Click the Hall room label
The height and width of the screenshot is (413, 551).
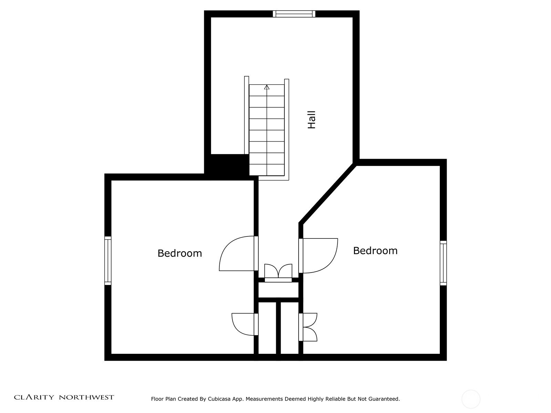[x=312, y=120]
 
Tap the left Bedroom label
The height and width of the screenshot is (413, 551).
[x=180, y=253]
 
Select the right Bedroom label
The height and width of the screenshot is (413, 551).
[x=375, y=251]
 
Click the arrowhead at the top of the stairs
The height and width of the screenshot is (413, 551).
[x=267, y=87]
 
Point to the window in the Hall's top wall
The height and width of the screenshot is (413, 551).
[x=294, y=14]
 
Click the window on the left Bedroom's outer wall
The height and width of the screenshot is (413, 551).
[x=108, y=261]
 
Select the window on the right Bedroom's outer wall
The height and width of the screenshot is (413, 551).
[x=443, y=263]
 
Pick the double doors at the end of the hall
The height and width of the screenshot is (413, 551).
[x=278, y=273]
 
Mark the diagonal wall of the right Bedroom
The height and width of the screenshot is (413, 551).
[x=328, y=193]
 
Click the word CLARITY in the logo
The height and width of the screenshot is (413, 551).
[x=34, y=397]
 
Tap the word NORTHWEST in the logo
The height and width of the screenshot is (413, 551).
[x=86, y=397]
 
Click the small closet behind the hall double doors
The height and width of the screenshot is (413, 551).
[x=278, y=290]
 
